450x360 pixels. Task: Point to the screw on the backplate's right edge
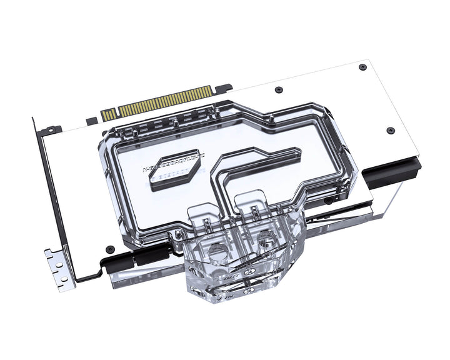(391, 130)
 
